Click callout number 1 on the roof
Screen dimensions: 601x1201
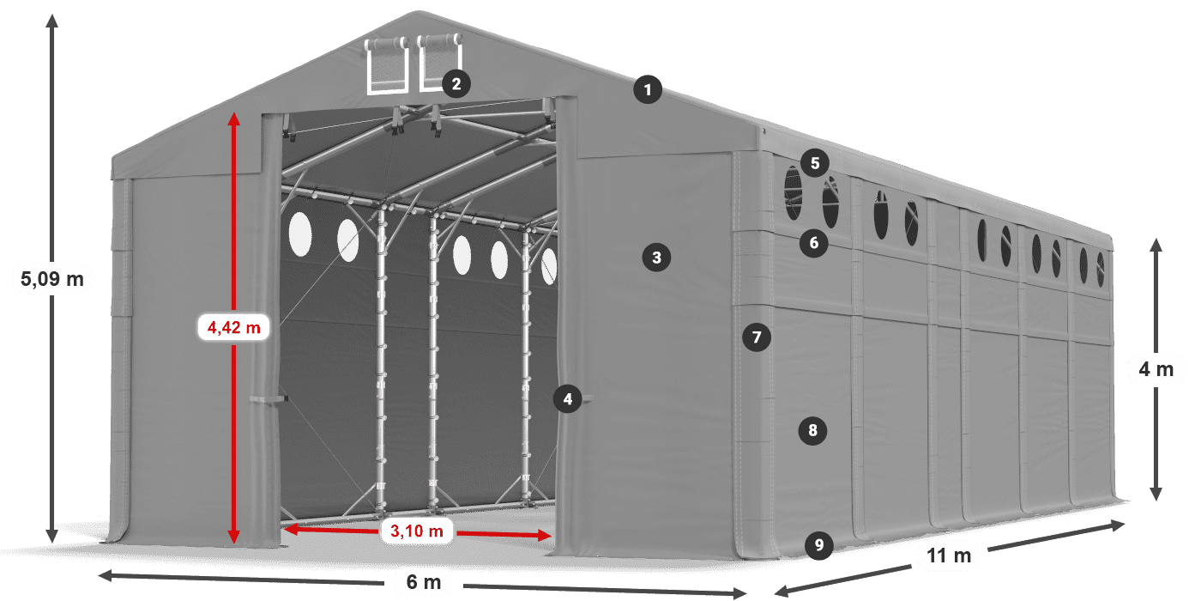[649, 89]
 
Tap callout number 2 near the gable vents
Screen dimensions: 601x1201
[456, 83]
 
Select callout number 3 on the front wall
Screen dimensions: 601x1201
[656, 256]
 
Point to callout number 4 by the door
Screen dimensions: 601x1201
[567, 398]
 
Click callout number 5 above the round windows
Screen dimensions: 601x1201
[814, 162]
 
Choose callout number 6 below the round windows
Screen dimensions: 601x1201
[814, 243]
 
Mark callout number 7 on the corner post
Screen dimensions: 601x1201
[756, 337]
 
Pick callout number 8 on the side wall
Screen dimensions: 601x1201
[812, 430]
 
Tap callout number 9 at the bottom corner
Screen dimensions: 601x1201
[819, 544]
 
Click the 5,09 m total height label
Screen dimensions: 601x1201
[51, 278]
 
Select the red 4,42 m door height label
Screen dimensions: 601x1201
[233, 326]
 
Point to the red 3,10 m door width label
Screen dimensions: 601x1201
[416, 531]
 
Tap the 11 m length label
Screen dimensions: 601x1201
[949, 555]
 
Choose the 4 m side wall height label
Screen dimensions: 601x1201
[1156, 370]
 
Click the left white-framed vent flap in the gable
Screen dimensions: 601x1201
[387, 65]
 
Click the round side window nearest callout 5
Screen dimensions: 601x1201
[794, 193]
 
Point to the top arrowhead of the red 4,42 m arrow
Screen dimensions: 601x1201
[233, 116]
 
